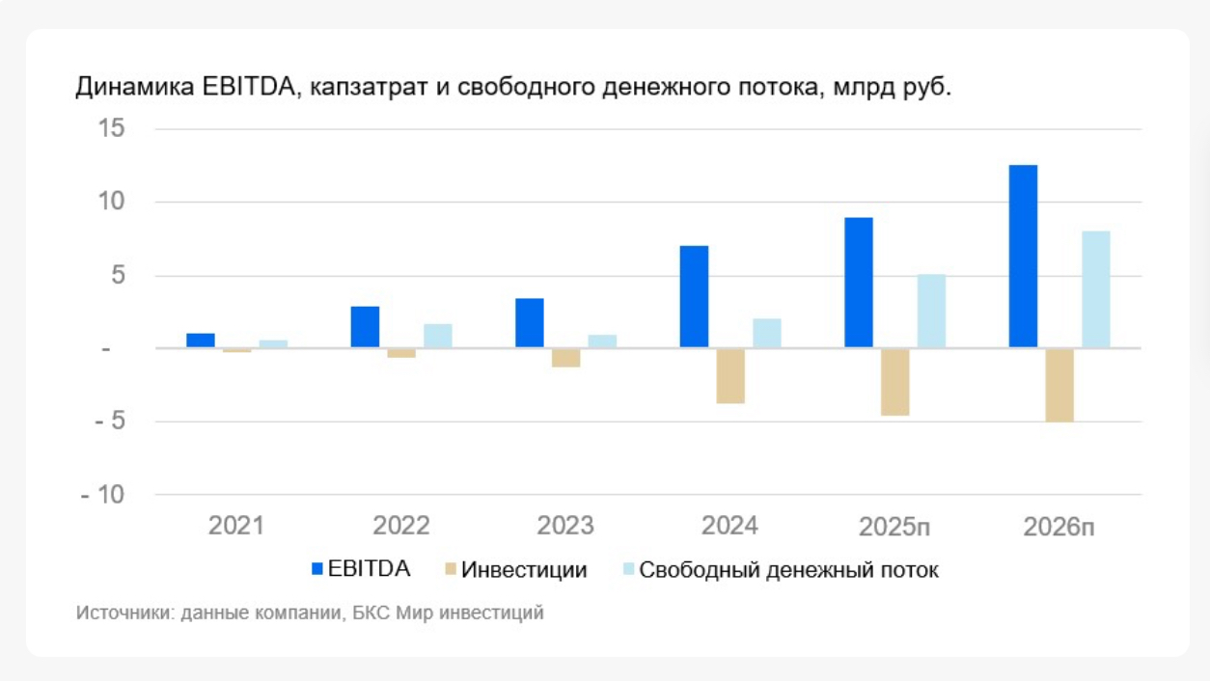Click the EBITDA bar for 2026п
(x=1023, y=257)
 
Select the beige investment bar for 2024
(x=730, y=375)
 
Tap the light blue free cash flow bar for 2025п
(x=931, y=311)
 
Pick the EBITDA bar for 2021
(x=201, y=340)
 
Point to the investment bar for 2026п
(x=1059, y=385)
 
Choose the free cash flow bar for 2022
(x=438, y=336)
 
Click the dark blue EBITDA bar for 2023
(x=530, y=323)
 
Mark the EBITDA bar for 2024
(x=694, y=297)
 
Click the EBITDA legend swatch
(x=316, y=569)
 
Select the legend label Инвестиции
(x=524, y=570)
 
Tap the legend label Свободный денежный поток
(x=788, y=570)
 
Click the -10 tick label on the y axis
(x=104, y=495)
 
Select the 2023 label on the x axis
(x=565, y=527)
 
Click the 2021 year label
(x=236, y=527)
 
